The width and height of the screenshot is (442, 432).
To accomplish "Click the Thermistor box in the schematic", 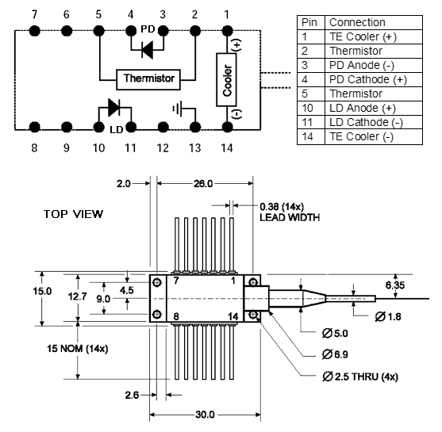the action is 148,80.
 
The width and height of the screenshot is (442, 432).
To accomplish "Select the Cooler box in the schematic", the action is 226,80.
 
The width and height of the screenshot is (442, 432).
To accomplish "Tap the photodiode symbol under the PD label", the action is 147,50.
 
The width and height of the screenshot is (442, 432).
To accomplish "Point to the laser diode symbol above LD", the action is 114,107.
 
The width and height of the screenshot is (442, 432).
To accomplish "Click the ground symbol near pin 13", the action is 178,109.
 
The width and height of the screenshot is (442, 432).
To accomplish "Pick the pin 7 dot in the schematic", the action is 34,31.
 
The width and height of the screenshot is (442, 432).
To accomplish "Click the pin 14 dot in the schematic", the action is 227,127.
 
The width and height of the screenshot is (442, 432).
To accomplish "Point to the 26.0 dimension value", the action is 203,184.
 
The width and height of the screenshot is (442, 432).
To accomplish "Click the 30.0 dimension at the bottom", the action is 205,415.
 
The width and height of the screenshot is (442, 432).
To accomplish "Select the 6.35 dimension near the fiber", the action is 395,285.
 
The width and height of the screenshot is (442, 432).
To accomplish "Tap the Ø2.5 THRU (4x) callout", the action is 360,377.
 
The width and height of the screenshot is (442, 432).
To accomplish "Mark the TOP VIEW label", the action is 73,214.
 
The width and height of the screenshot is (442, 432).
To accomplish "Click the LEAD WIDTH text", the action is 290,218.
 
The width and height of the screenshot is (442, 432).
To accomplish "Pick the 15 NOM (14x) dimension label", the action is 77,349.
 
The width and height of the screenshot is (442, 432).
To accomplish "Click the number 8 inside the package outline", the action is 176,316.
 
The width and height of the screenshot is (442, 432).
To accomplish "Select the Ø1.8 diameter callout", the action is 388,317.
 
